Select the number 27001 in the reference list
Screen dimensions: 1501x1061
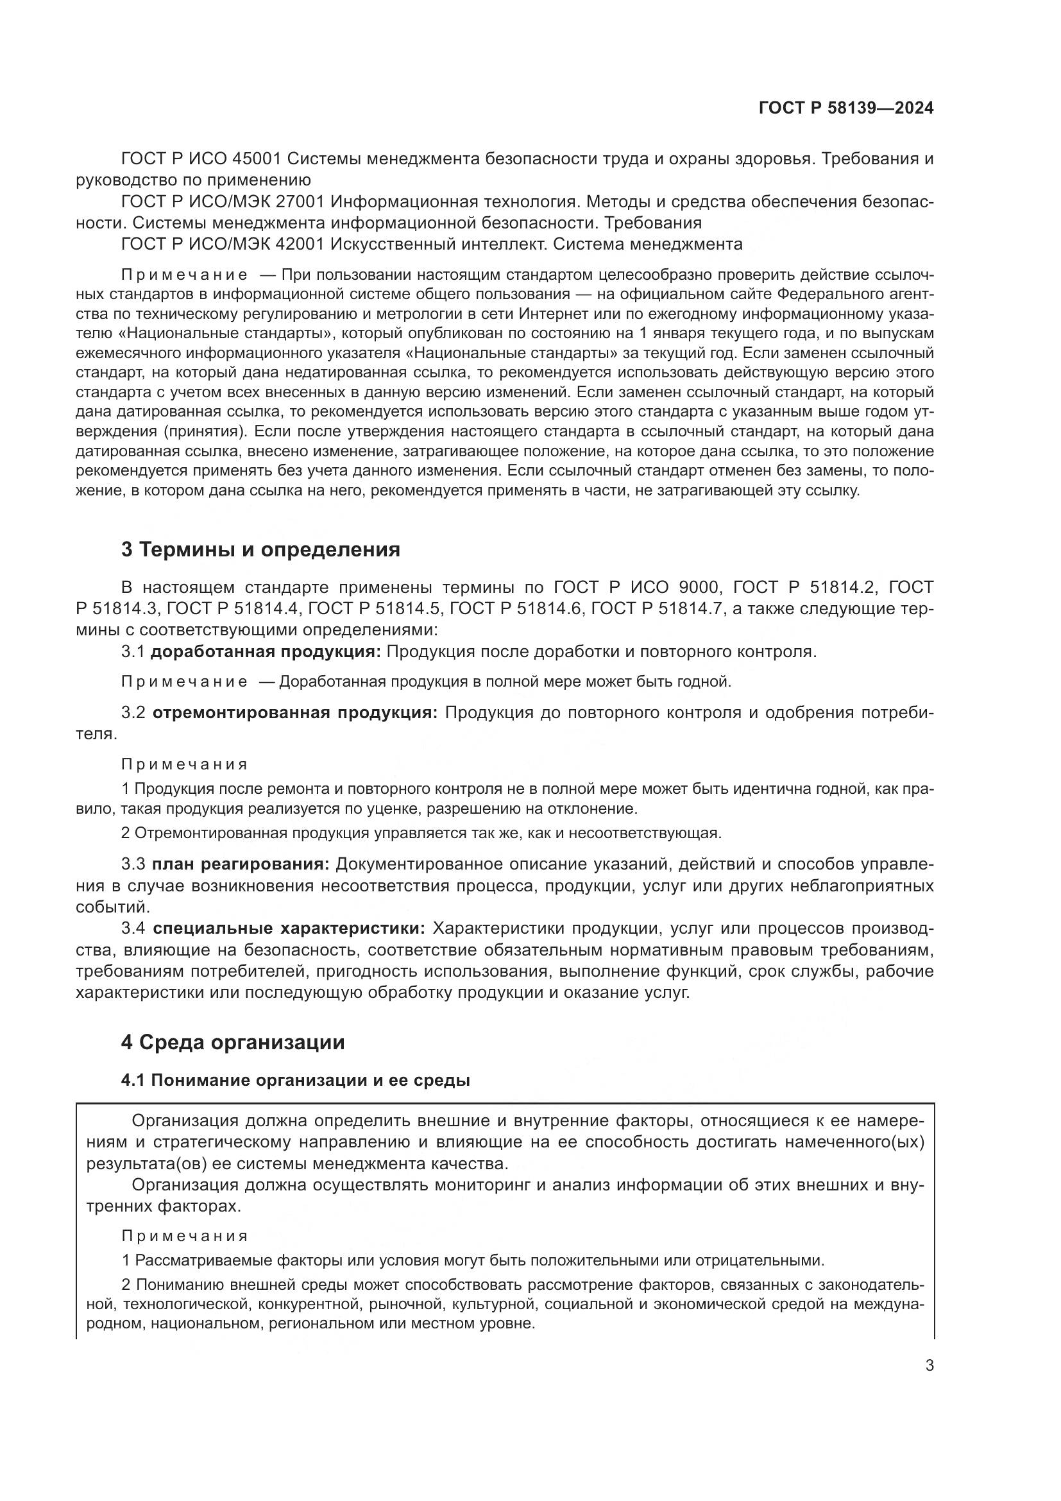302,202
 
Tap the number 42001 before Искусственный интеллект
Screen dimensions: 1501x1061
302,244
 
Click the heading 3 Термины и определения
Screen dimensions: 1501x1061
260,550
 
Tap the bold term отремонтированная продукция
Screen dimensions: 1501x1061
295,712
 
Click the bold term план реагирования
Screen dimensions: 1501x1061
241,864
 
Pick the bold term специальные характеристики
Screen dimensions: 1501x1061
289,929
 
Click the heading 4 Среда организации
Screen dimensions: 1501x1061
233,1042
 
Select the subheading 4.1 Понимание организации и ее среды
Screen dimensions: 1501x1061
295,1081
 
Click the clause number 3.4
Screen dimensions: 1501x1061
133,929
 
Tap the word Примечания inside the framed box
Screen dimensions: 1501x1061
185,1236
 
